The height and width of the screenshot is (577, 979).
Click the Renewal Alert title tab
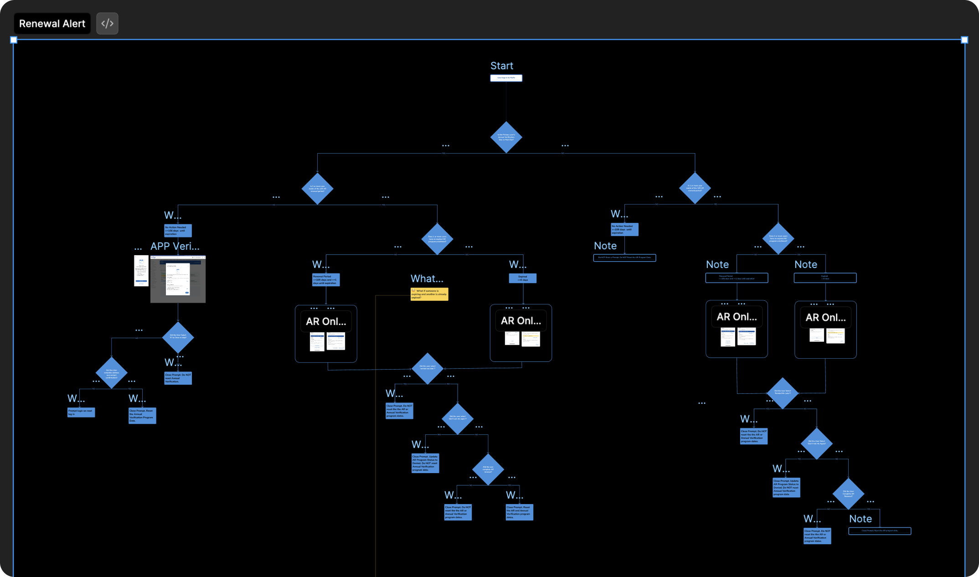[52, 24]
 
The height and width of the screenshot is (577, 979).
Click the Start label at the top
[501, 66]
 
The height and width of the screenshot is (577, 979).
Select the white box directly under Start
[506, 78]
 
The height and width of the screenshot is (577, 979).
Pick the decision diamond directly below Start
[506, 137]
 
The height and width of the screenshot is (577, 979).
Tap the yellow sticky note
[429, 294]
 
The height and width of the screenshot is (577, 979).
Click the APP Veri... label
[175, 247]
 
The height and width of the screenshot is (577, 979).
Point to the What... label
[427, 278]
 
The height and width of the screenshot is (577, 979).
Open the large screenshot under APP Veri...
[178, 279]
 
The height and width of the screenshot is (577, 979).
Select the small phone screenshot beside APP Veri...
[141, 271]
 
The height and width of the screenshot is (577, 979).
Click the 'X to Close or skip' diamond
[178, 337]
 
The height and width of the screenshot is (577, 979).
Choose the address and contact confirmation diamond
[111, 373]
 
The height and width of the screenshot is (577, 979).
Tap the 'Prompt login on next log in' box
[81, 412]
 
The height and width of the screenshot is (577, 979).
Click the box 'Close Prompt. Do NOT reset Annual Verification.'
[178, 378]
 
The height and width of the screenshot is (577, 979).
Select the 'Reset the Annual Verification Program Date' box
[142, 416]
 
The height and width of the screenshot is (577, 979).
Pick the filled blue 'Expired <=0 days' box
[522, 278]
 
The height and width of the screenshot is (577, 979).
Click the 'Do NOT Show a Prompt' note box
[624, 258]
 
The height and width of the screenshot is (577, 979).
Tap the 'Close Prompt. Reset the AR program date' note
[879, 531]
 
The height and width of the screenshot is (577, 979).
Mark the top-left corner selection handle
[14, 40]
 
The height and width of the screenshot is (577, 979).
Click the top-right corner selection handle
[964, 40]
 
